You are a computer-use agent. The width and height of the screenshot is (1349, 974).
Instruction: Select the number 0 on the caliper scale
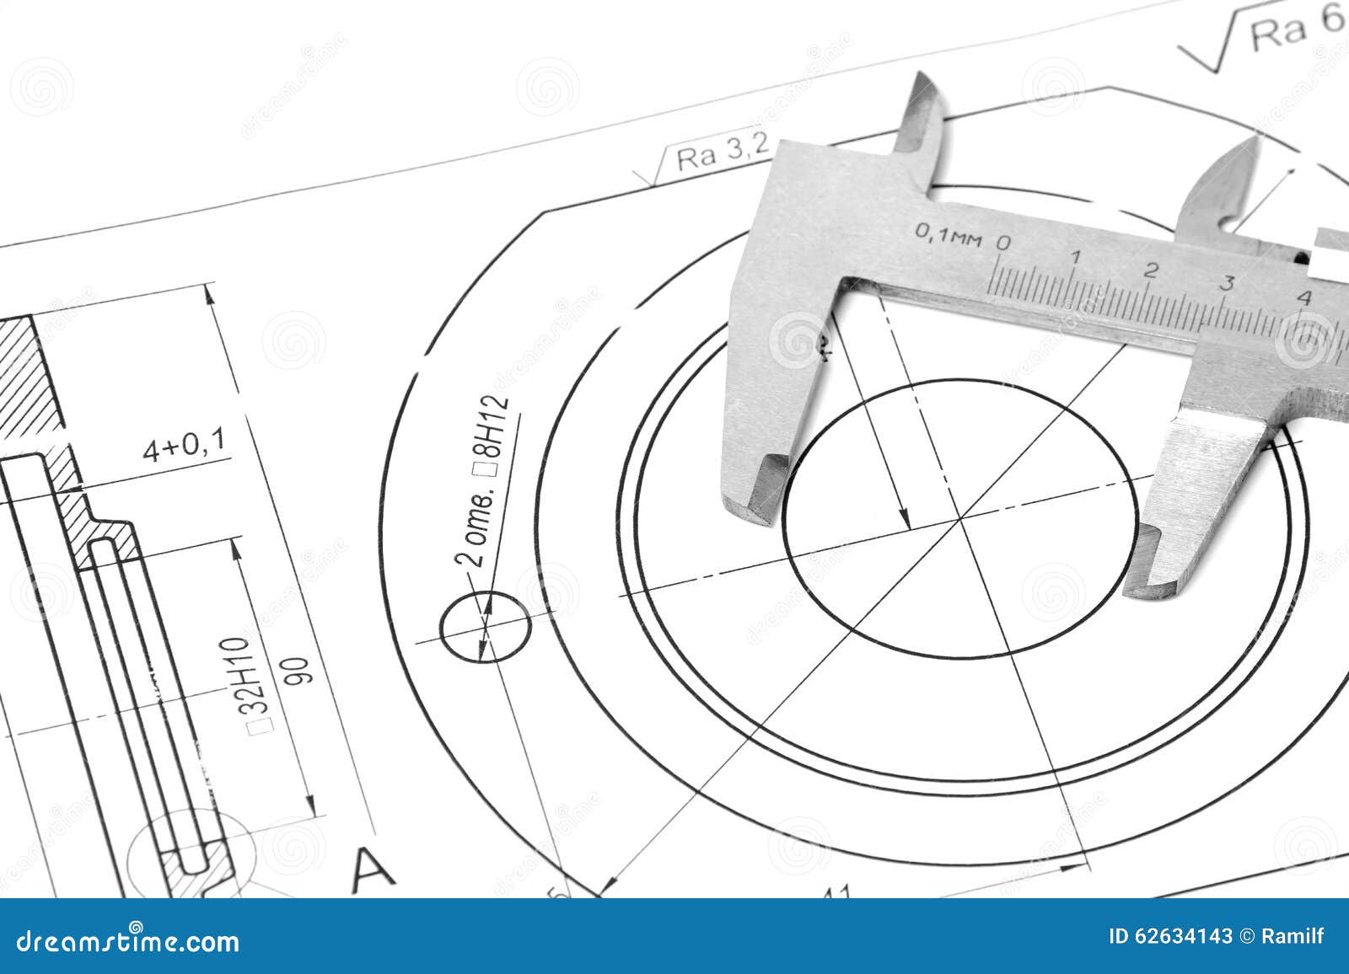(x=1003, y=243)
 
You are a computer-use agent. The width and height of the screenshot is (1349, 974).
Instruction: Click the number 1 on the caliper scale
(x=1076, y=257)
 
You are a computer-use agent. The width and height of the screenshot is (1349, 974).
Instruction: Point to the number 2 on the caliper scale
(x=1151, y=270)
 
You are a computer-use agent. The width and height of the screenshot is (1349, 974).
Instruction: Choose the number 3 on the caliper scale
(x=1227, y=283)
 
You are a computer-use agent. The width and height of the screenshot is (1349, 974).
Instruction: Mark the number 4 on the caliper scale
(x=1304, y=297)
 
